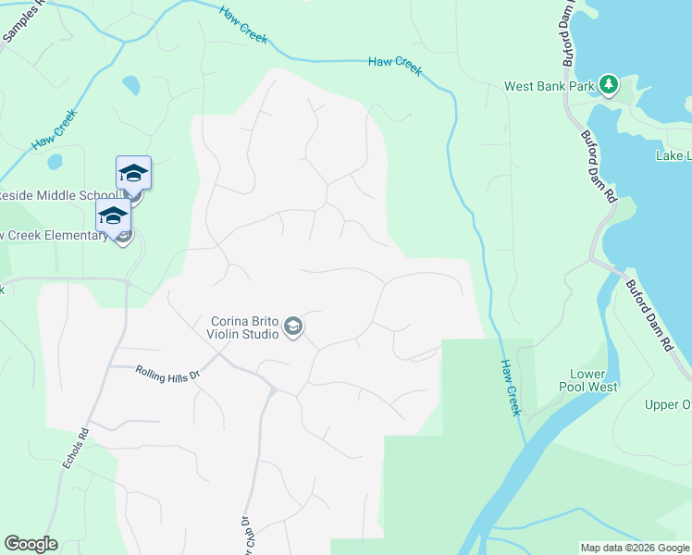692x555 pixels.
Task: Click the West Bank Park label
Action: tap(548, 86)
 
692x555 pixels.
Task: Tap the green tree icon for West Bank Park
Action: tap(609, 85)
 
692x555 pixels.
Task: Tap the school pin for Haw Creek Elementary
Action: tap(113, 218)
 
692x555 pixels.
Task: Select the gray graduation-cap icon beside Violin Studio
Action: tap(293, 327)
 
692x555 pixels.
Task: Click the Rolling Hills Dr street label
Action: tap(167, 376)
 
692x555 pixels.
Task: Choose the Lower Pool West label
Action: tap(593, 380)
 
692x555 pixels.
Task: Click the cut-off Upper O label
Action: tap(667, 404)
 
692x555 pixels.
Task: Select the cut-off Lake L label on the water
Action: tap(673, 155)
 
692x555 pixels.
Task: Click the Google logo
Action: tap(31, 544)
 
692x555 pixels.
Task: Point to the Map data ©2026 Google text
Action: tap(635, 548)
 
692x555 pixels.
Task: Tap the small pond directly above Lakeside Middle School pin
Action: tap(131, 86)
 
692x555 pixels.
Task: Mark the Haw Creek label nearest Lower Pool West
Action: tap(511, 388)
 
